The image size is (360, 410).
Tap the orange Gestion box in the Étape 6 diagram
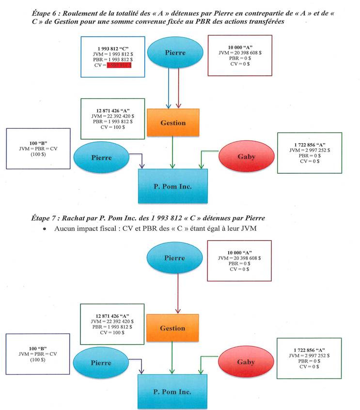click(x=172, y=122)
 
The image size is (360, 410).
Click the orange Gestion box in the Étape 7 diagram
click(x=172, y=328)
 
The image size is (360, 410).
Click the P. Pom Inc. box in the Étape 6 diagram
click(x=173, y=186)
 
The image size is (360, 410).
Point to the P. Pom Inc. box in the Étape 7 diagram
click(x=173, y=391)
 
